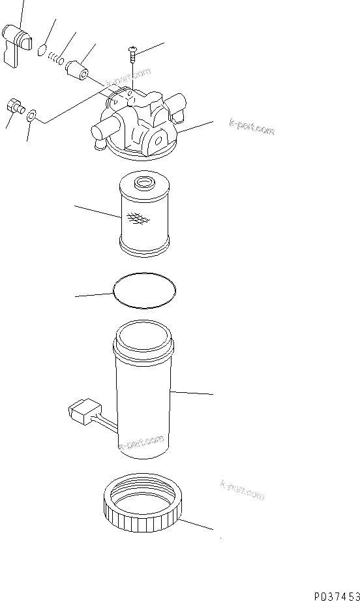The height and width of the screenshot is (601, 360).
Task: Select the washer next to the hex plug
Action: coord(31,116)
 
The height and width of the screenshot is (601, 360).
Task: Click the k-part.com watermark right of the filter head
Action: coord(252,128)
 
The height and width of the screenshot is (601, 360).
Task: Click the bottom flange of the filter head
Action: coord(143,154)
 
